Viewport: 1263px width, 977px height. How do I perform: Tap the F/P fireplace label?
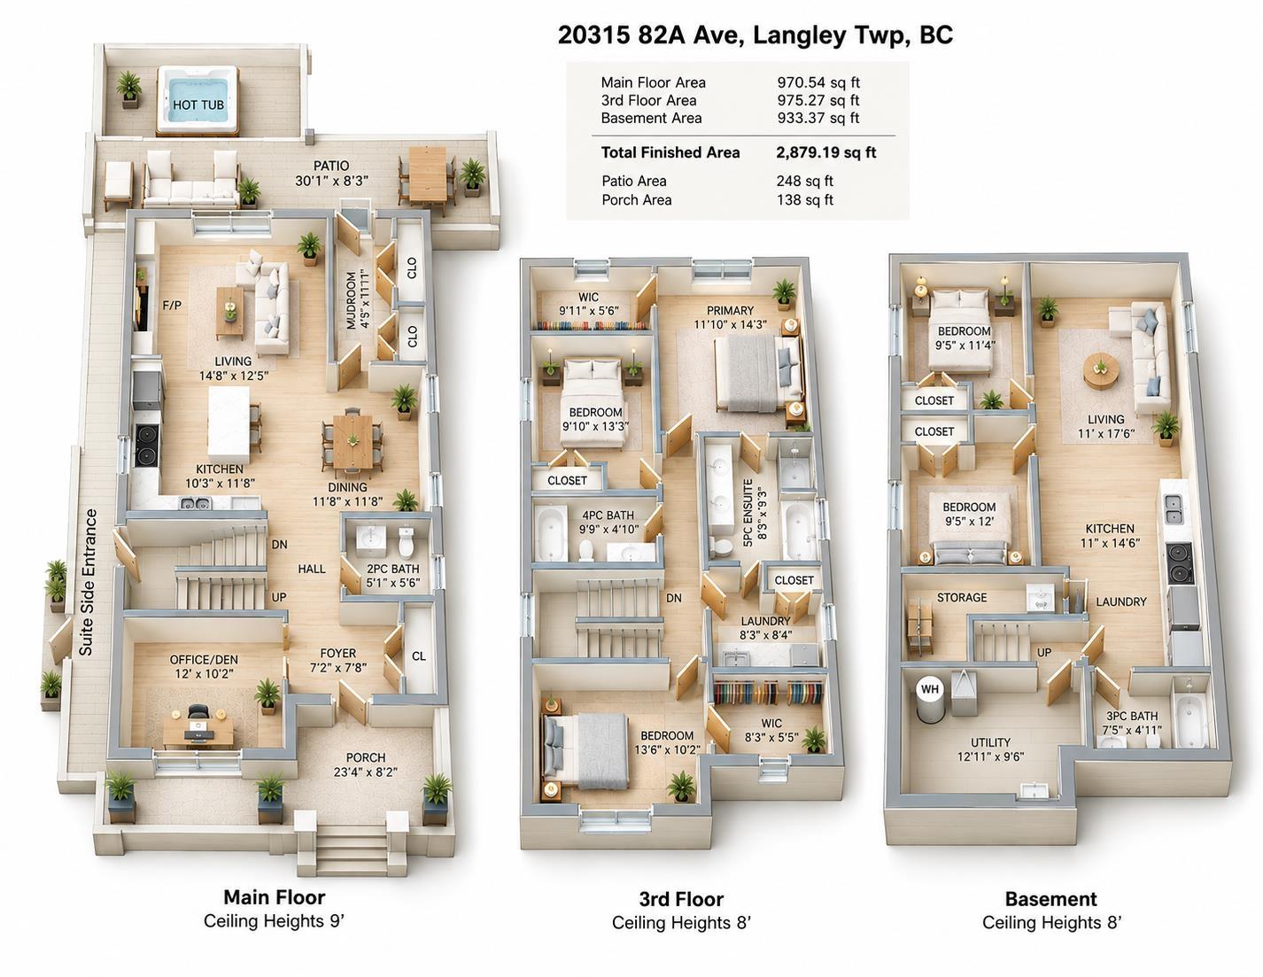pos(172,305)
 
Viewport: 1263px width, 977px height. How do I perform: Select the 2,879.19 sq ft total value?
pos(825,152)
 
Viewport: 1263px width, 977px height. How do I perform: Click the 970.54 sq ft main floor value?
pos(818,82)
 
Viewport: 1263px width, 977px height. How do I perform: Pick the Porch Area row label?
pos(637,200)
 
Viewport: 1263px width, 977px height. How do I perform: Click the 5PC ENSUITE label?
pos(748,513)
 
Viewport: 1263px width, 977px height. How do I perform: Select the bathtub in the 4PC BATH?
pos(550,532)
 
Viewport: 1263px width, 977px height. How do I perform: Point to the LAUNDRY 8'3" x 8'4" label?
pos(765,628)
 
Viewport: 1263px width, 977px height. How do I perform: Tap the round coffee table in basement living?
pos(1100,368)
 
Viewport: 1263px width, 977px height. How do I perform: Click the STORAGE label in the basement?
pos(961,598)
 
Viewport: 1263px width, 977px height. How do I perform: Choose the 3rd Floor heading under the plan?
pos(681,899)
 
